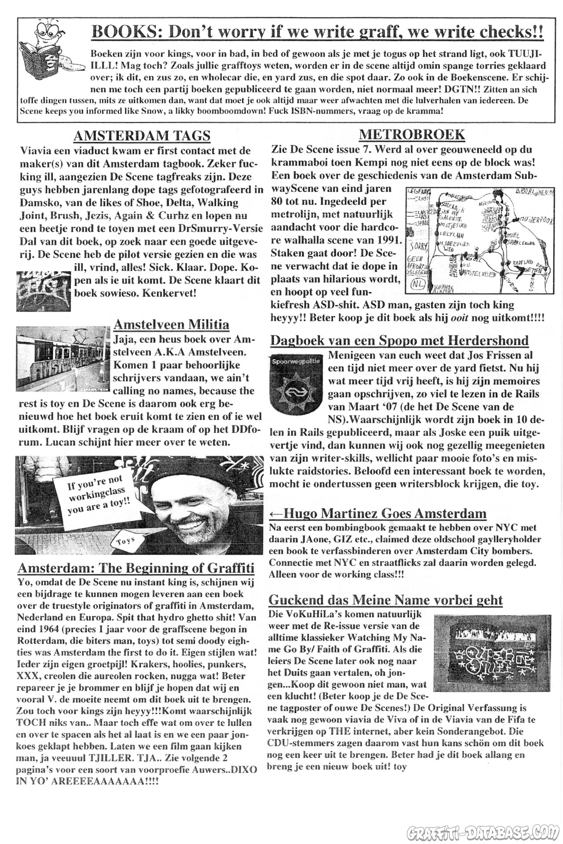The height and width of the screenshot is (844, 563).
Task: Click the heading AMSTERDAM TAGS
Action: click(x=142, y=136)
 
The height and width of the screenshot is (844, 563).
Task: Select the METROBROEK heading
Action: click(x=412, y=134)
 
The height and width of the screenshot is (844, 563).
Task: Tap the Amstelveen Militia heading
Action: click(x=171, y=324)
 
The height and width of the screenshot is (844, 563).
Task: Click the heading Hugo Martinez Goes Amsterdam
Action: click(x=378, y=513)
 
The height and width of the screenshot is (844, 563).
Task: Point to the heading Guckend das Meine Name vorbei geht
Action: click(x=385, y=600)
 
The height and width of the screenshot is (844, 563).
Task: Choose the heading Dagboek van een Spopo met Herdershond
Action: click(x=399, y=340)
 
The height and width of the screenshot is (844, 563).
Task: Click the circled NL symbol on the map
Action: click(x=417, y=285)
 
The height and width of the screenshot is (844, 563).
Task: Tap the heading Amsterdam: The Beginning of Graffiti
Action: click(x=135, y=568)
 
